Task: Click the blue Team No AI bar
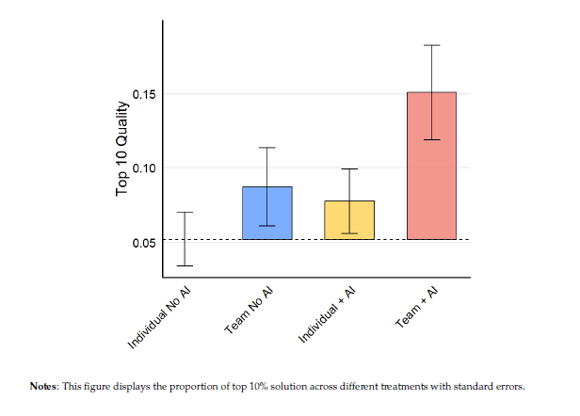[x=267, y=214]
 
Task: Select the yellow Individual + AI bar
[x=349, y=220]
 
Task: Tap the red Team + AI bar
[x=431, y=166]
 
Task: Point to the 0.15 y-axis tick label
[x=144, y=95]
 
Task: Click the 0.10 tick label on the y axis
[x=144, y=168]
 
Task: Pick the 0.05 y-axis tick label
[x=144, y=243]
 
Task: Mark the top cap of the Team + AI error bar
[x=431, y=45]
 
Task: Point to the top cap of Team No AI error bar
[x=267, y=148]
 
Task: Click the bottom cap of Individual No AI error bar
[x=185, y=265]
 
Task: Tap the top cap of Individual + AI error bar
[x=349, y=169]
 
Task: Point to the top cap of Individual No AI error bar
[x=185, y=213]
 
